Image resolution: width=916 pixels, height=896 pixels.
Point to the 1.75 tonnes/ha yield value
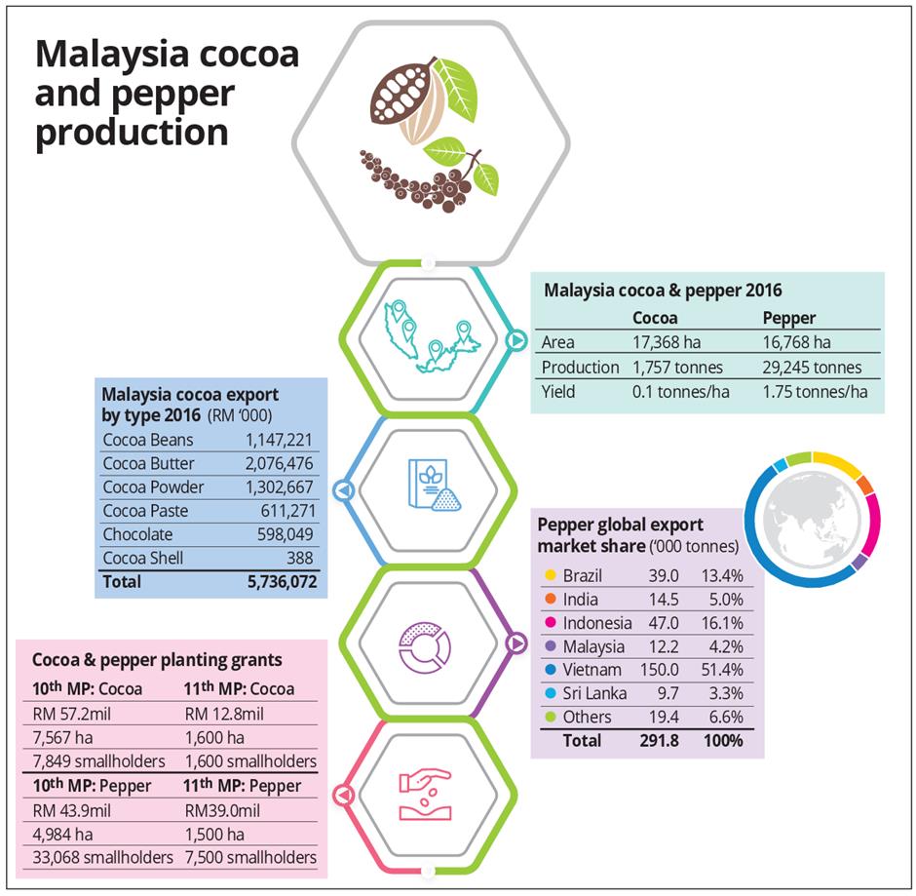(x=816, y=392)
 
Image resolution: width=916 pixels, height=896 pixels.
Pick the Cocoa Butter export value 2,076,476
(x=279, y=464)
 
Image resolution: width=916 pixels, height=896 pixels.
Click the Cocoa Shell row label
(x=143, y=559)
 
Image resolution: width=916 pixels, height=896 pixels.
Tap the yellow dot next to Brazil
(x=551, y=576)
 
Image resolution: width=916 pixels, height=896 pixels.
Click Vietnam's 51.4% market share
(x=722, y=670)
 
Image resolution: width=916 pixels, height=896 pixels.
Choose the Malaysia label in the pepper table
(x=593, y=646)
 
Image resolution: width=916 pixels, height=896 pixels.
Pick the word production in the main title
(x=132, y=132)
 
